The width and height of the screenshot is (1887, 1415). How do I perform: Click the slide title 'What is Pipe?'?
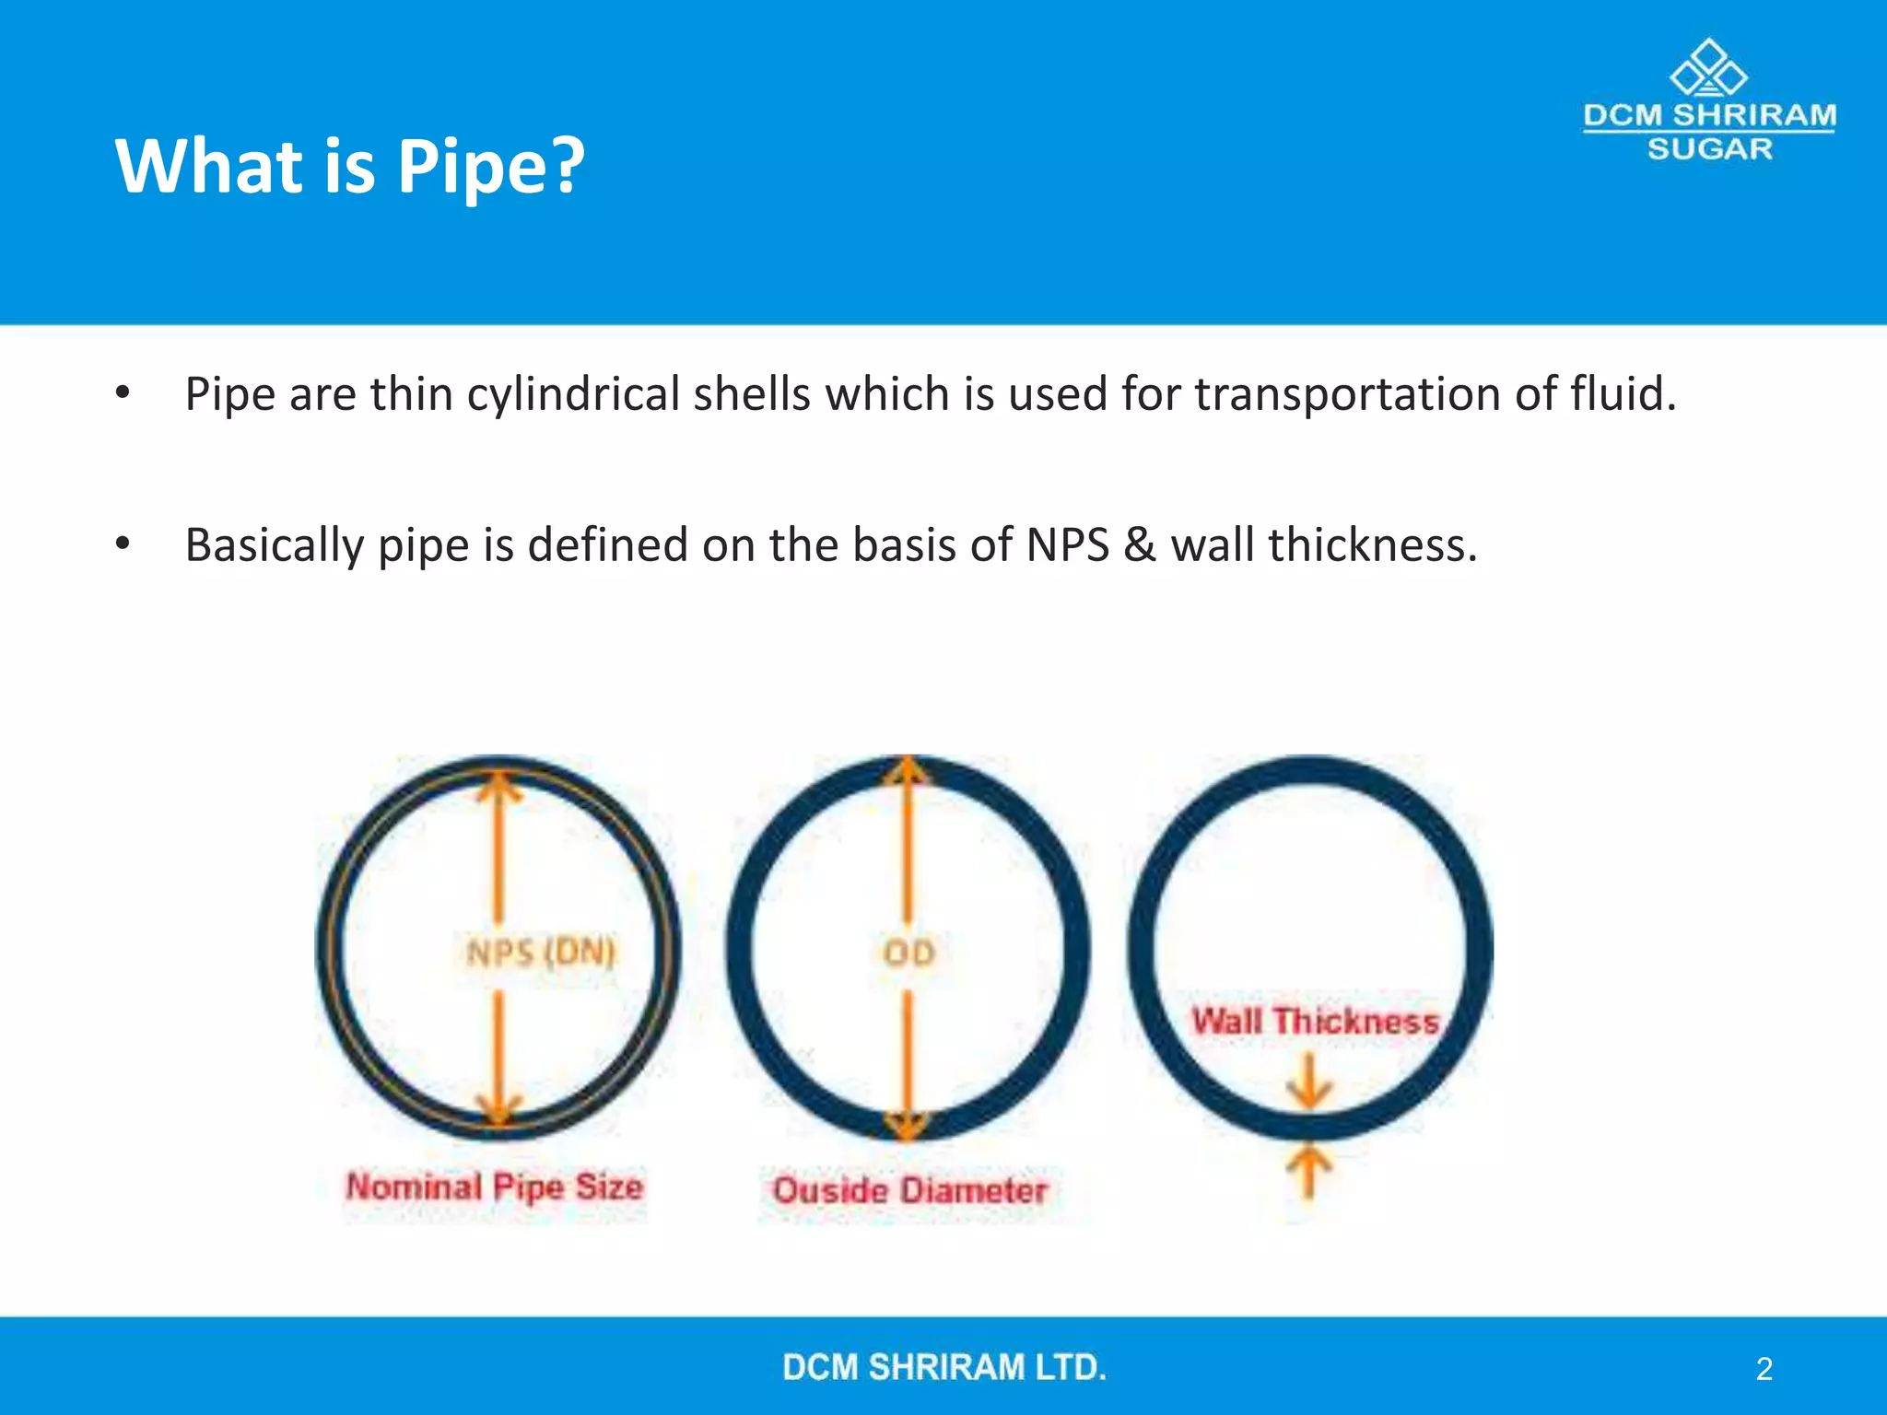[x=349, y=166]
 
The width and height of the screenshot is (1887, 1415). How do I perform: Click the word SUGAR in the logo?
[x=1709, y=149]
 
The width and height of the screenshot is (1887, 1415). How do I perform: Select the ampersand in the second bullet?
[x=1140, y=545]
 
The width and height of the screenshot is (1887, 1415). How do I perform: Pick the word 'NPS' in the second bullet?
[x=1067, y=545]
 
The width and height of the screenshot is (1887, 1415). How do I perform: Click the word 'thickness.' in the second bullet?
[x=1373, y=545]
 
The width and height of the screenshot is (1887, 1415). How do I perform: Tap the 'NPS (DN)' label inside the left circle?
[x=540, y=953]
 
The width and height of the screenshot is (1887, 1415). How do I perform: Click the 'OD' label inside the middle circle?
[x=908, y=953]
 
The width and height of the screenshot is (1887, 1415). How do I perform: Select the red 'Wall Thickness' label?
[x=1315, y=1022]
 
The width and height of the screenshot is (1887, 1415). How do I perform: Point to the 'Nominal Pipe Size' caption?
[x=495, y=1187]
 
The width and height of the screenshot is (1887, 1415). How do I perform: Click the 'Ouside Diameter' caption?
[x=910, y=1190]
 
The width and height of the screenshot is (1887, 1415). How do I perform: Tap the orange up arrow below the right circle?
[x=1308, y=1172]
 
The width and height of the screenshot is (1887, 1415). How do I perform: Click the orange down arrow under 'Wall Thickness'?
[x=1309, y=1082]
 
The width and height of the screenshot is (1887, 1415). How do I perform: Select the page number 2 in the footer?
[x=1764, y=1369]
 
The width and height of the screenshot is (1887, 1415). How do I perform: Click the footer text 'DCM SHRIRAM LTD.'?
[x=944, y=1367]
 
